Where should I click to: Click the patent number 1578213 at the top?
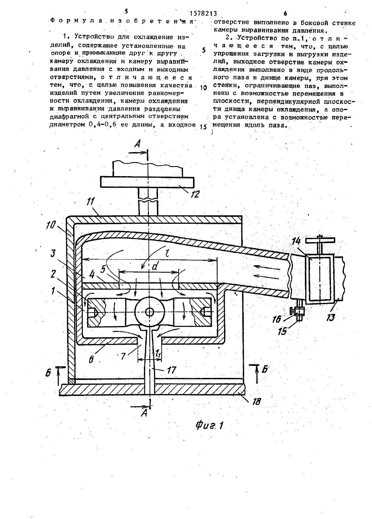pos(203,14)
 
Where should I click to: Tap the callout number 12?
pos(195,194)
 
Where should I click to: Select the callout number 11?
pos(90,201)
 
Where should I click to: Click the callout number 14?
pos(296,241)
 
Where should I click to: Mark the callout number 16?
pos(277,319)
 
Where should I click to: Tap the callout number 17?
pos(172,370)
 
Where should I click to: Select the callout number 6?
pos(91,359)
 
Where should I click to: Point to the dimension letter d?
pos(155,267)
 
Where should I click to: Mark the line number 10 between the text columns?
pos(203,88)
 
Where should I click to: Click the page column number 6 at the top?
pos(285,14)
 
